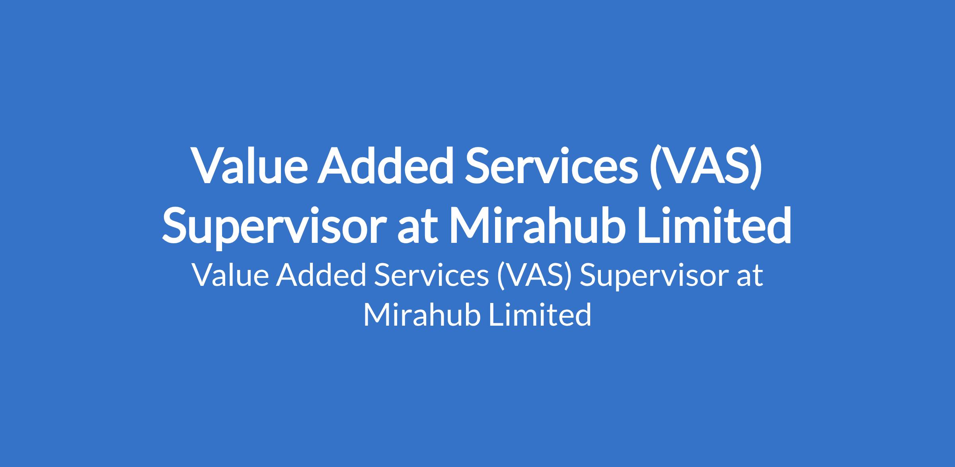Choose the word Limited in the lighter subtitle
coord(540,315)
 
